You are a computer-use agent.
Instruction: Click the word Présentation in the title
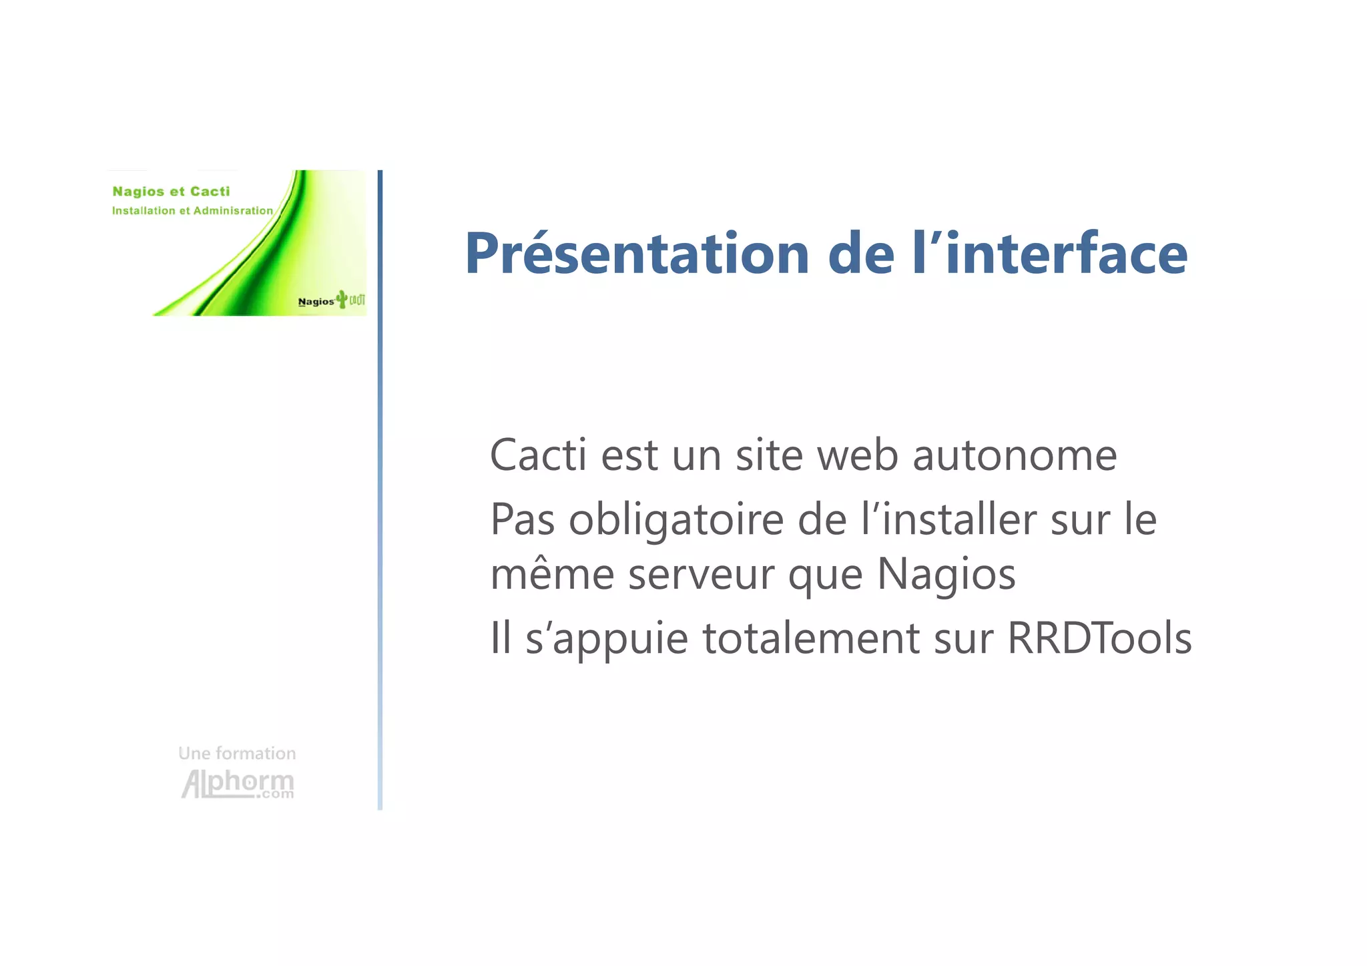(x=637, y=254)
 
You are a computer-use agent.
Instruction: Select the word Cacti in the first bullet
(x=538, y=455)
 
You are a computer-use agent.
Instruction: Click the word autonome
(x=1014, y=455)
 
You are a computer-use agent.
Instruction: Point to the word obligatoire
(x=675, y=520)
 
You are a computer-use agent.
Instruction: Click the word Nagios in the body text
(x=946, y=574)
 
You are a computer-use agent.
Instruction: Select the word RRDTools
(x=1099, y=638)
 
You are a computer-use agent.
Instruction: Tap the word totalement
(x=810, y=638)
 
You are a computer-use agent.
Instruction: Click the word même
(x=551, y=574)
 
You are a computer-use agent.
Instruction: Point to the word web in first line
(x=857, y=455)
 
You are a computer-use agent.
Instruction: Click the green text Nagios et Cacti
(x=171, y=192)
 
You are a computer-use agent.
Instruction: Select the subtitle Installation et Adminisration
(x=192, y=211)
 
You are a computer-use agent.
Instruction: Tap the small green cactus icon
(x=342, y=299)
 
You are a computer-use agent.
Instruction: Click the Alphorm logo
(x=238, y=784)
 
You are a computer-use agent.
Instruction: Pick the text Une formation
(x=237, y=754)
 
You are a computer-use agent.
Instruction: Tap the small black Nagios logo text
(x=316, y=302)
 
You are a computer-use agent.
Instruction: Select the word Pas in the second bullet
(x=522, y=520)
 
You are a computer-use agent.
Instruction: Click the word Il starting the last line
(x=500, y=638)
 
